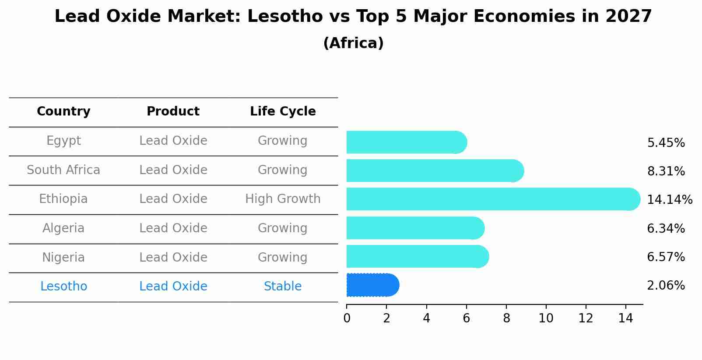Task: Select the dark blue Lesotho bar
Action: pyautogui.click(x=372, y=285)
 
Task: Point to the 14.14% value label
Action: pyautogui.click(x=669, y=200)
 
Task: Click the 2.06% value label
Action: pyautogui.click(x=666, y=286)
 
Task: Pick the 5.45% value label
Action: pyautogui.click(x=666, y=143)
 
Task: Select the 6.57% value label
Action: pyautogui.click(x=666, y=257)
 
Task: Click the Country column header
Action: pyautogui.click(x=63, y=112)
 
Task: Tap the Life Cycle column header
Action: pyautogui.click(x=283, y=112)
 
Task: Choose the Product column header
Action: pyautogui.click(x=173, y=112)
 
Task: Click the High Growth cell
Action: pyautogui.click(x=283, y=199)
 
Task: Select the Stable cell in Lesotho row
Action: pyautogui.click(x=283, y=287)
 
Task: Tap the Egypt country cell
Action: pyautogui.click(x=63, y=141)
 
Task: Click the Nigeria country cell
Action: pyautogui.click(x=63, y=258)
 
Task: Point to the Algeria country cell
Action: pyautogui.click(x=63, y=228)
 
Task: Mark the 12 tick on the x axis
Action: pyautogui.click(x=586, y=318)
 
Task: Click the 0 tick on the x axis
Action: pyautogui.click(x=347, y=318)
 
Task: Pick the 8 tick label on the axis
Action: pyautogui.click(x=506, y=318)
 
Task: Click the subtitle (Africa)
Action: pyautogui.click(x=353, y=43)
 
